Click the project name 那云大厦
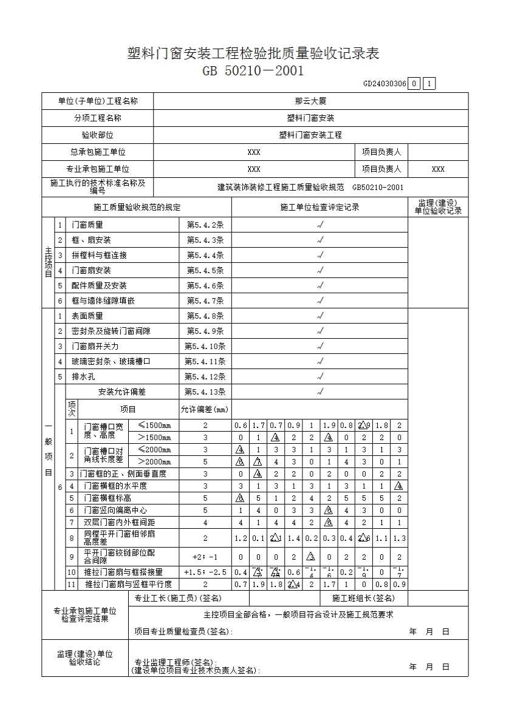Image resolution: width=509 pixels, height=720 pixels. click(x=310, y=101)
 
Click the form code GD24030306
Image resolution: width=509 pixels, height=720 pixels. click(x=384, y=84)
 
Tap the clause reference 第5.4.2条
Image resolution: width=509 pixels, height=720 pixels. click(x=205, y=225)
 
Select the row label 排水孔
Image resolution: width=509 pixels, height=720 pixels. click(x=83, y=377)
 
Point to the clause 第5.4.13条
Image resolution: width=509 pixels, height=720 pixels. click(x=205, y=392)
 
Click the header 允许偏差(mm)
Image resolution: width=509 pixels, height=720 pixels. click(x=205, y=409)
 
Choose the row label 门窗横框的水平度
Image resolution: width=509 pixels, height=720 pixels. click(x=115, y=486)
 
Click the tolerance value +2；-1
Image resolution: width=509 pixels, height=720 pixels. click(x=205, y=557)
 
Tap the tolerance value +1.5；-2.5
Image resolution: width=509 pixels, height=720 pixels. click(x=205, y=572)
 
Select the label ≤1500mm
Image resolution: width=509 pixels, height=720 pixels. click(x=154, y=425)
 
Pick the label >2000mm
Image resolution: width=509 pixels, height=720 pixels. click(x=154, y=461)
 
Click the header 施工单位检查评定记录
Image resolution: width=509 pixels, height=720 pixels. click(x=319, y=208)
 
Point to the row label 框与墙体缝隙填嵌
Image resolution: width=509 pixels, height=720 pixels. click(x=103, y=301)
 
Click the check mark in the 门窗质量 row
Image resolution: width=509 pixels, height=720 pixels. click(x=319, y=225)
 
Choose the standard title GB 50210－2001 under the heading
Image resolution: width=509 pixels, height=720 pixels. click(x=253, y=71)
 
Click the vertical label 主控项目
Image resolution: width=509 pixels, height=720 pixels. click(x=48, y=263)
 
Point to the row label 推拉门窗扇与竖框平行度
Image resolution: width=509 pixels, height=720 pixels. click(x=128, y=585)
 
